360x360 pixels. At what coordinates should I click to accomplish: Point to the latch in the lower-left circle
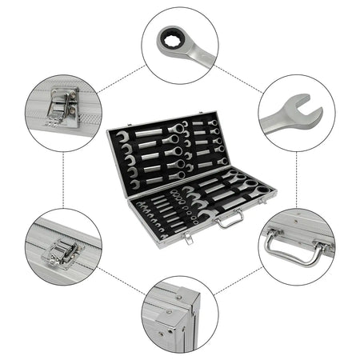[x=60, y=254]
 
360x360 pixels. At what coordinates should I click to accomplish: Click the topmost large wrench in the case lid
[x=152, y=132]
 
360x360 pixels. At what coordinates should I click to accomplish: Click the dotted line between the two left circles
[x=63, y=180]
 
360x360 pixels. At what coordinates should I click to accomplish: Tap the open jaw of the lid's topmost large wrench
[x=123, y=138]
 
